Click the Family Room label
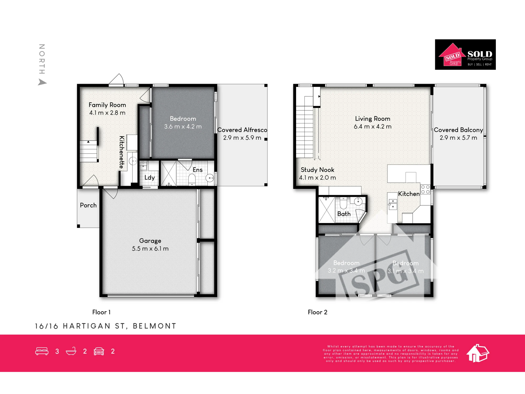click(107, 105)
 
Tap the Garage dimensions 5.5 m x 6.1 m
click(150, 248)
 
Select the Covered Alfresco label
click(242, 130)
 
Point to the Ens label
click(198, 170)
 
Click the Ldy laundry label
click(150, 178)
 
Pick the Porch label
click(88, 205)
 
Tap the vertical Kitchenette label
click(122, 152)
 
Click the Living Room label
click(373, 119)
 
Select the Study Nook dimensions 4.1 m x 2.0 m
click(318, 178)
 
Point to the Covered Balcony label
click(458, 130)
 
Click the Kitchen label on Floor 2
click(409, 194)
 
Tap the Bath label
click(344, 214)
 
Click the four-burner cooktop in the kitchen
click(425, 189)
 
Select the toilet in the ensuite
click(192, 179)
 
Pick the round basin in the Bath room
click(358, 201)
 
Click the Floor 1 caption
click(101, 312)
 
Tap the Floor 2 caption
click(318, 312)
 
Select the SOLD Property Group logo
click(465, 55)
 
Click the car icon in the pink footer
click(99, 351)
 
